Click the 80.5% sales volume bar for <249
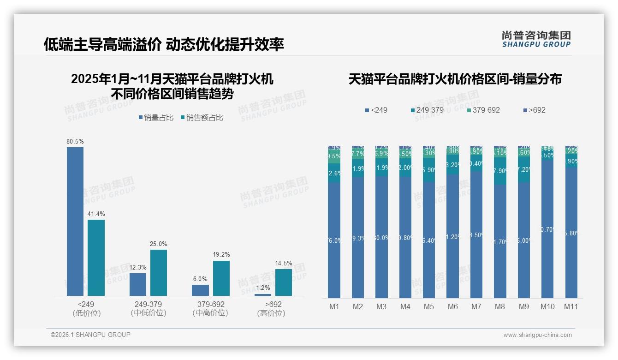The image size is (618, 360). point(75,222)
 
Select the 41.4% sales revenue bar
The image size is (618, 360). point(96,258)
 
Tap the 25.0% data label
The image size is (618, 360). point(159,244)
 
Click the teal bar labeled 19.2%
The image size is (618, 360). point(221,278)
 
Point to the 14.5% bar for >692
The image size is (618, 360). point(284,282)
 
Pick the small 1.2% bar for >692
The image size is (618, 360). point(263,294)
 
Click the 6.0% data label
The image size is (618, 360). point(200,279)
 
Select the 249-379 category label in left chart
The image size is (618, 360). point(148,305)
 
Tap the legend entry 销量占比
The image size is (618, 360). point(156,118)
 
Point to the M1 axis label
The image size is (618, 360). point(334,306)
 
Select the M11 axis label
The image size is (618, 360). point(571,306)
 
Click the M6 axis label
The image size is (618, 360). point(452,306)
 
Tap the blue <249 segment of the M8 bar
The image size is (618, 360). point(500,241)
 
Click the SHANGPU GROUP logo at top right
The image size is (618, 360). point(536,39)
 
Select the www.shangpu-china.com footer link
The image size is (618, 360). point(537,335)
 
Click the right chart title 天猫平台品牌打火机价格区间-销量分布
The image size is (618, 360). point(455,79)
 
